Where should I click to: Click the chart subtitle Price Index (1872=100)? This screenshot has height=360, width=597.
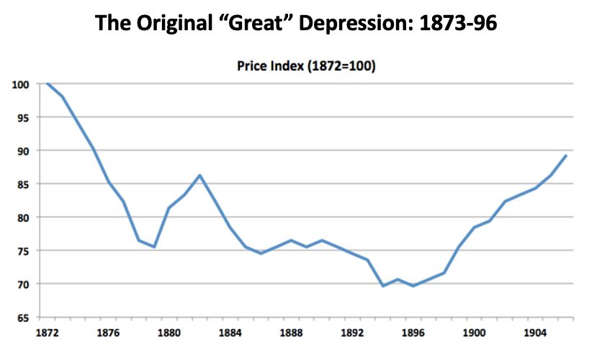tap(307, 67)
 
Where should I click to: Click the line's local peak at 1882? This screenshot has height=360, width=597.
tap(199, 175)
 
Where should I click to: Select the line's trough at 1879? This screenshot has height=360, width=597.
tap(154, 247)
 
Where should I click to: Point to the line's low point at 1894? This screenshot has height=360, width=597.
tap(383, 286)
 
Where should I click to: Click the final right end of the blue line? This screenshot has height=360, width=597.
tap(565, 156)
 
